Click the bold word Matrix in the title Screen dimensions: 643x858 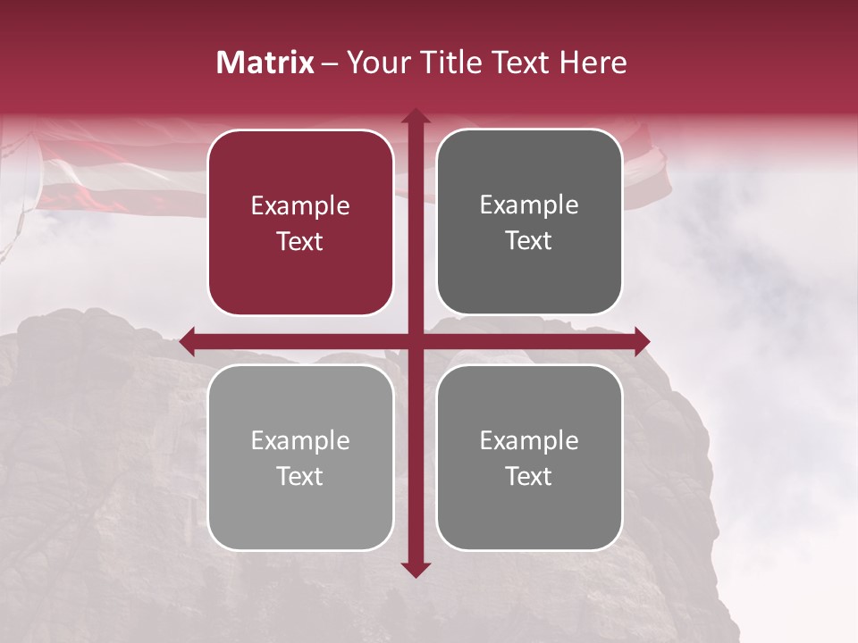(265, 63)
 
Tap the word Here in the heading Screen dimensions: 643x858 (593, 63)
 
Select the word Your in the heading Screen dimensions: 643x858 (375, 63)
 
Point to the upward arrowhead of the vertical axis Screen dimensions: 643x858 (415, 116)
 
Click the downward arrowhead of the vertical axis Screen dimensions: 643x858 (415, 569)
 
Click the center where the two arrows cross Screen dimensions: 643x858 (415, 340)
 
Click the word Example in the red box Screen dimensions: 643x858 (300, 206)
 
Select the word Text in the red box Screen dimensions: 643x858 (300, 242)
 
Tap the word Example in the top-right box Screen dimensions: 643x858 (529, 205)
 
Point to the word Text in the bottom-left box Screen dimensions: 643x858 (300, 477)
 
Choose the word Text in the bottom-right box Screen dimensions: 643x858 (529, 477)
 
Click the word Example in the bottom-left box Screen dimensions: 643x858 (300, 441)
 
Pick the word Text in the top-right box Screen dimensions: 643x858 (529, 241)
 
